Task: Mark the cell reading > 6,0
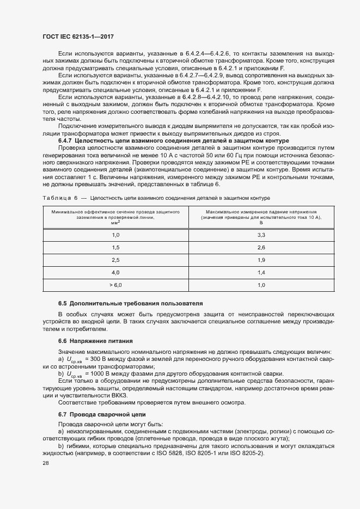pyautogui.click(x=115, y=285)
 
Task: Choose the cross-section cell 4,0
pyautogui.click(x=115, y=272)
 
